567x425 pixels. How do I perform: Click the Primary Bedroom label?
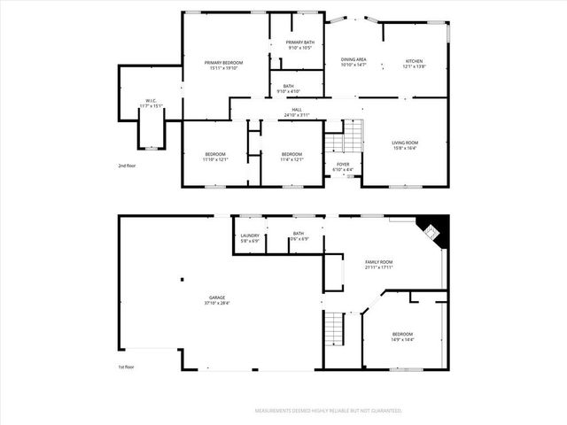pos(223,63)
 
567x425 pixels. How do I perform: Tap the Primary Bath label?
pos(299,42)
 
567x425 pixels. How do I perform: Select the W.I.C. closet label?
pos(151,100)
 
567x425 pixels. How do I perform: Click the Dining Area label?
pos(353,59)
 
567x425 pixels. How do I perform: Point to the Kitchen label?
pos(415,60)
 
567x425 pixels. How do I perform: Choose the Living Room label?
pos(405,142)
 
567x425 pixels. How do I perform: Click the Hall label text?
pos(297,110)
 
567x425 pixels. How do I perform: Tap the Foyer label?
pos(342,165)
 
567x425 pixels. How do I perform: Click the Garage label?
pos(217,297)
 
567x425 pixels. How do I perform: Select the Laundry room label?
pos(249,236)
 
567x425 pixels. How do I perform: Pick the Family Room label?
pos(379,262)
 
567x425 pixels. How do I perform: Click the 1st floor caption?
pos(127,367)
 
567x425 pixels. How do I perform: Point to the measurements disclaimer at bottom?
pos(329,411)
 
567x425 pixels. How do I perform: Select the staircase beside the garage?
pos(334,329)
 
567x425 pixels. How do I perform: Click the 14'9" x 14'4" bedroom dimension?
pos(402,339)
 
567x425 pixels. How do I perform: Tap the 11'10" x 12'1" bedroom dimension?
pos(215,160)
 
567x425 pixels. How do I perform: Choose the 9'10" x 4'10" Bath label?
pos(289,90)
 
